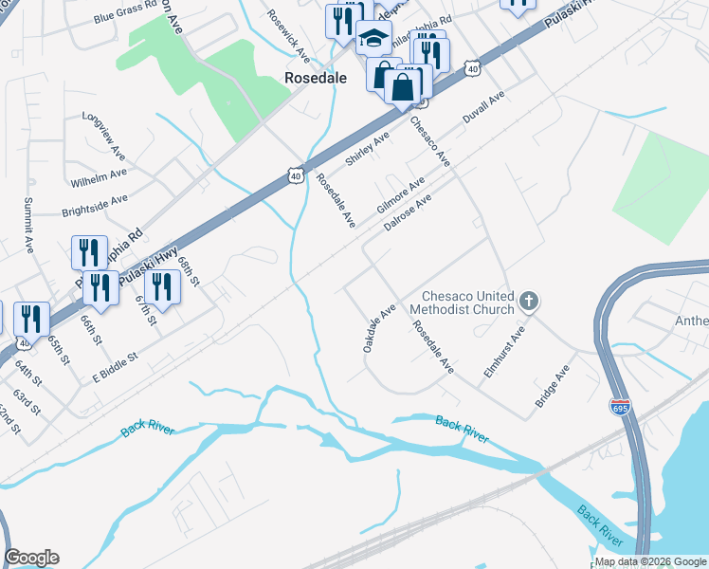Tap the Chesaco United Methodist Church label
point(462,303)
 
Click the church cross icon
point(529,303)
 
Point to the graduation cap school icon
point(373,40)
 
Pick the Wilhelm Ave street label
point(99,176)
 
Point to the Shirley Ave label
point(367,150)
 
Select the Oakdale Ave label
point(379,329)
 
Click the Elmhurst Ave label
point(503,353)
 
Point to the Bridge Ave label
point(552,387)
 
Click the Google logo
point(31,558)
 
